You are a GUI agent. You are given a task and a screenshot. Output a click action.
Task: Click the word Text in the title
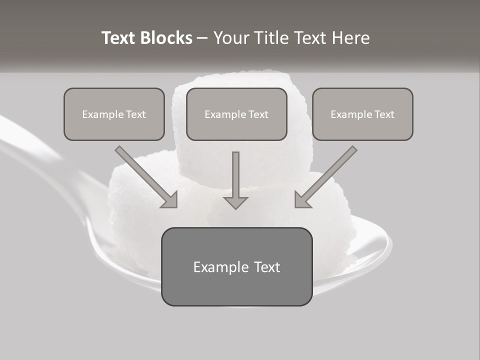[x=118, y=38]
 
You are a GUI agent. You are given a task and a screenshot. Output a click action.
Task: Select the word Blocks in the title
[x=165, y=38]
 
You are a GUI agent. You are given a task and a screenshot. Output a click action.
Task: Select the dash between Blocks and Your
[x=202, y=38]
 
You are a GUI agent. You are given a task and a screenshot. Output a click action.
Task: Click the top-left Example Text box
[x=114, y=114]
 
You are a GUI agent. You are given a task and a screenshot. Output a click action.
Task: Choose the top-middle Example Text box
[x=236, y=114]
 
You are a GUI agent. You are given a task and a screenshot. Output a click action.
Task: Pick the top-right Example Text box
[x=362, y=114]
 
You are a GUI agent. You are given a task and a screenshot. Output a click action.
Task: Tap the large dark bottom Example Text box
[x=236, y=267]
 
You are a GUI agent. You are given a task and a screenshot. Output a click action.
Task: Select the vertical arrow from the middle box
[x=235, y=177]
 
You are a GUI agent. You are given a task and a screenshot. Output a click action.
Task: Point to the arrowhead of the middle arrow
[x=235, y=202]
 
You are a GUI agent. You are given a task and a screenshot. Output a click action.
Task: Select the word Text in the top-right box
[x=384, y=114]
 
